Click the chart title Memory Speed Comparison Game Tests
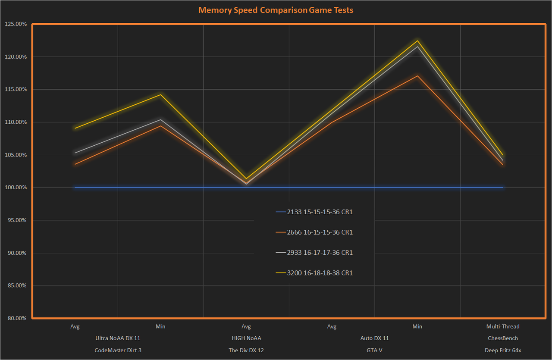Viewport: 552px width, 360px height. (x=276, y=10)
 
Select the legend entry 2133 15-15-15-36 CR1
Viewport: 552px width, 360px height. (x=320, y=212)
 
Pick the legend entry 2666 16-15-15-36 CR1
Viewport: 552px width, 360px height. (x=320, y=232)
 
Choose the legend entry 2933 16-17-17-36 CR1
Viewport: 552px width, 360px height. (x=320, y=253)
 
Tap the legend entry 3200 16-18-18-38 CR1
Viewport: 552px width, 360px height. (x=320, y=273)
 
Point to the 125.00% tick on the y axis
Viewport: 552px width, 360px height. (x=16, y=24)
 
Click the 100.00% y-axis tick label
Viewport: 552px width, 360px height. (x=16, y=188)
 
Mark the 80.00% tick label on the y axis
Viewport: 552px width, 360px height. (x=17, y=318)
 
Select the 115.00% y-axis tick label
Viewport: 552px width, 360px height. (x=16, y=89)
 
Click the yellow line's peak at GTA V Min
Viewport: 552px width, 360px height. (x=417, y=41)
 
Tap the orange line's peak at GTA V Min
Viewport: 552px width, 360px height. (x=417, y=76)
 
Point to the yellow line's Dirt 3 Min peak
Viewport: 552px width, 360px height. (x=160, y=95)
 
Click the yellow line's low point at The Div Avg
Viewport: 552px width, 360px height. (x=246, y=178)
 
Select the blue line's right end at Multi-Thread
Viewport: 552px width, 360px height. (x=502, y=188)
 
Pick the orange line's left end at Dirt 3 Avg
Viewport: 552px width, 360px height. (x=75, y=164)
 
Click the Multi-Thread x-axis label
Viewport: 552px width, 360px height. (x=503, y=326)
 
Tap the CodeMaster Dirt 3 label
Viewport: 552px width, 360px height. (x=118, y=350)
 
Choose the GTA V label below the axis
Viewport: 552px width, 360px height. (x=374, y=350)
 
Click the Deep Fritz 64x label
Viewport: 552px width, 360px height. (x=503, y=350)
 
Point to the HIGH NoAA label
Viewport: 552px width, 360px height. (x=246, y=338)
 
